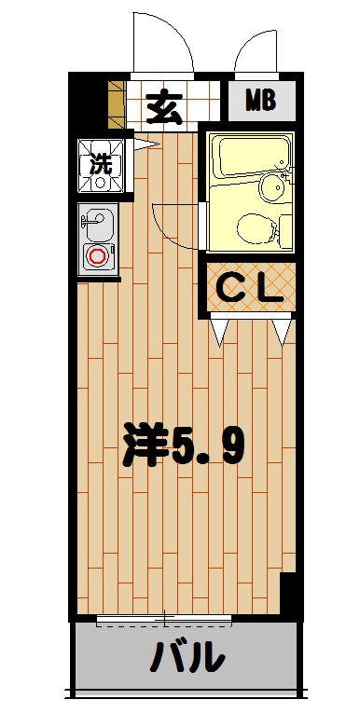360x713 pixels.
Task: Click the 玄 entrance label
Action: click(164, 107)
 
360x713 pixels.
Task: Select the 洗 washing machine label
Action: click(100, 164)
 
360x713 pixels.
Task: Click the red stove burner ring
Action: click(97, 255)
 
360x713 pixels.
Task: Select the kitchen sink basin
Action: click(97, 224)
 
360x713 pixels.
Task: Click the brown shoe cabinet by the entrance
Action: click(117, 104)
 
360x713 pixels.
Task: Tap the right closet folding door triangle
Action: click(283, 329)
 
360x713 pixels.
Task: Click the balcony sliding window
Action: click(164, 619)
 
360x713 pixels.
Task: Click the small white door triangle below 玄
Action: click(144, 143)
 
